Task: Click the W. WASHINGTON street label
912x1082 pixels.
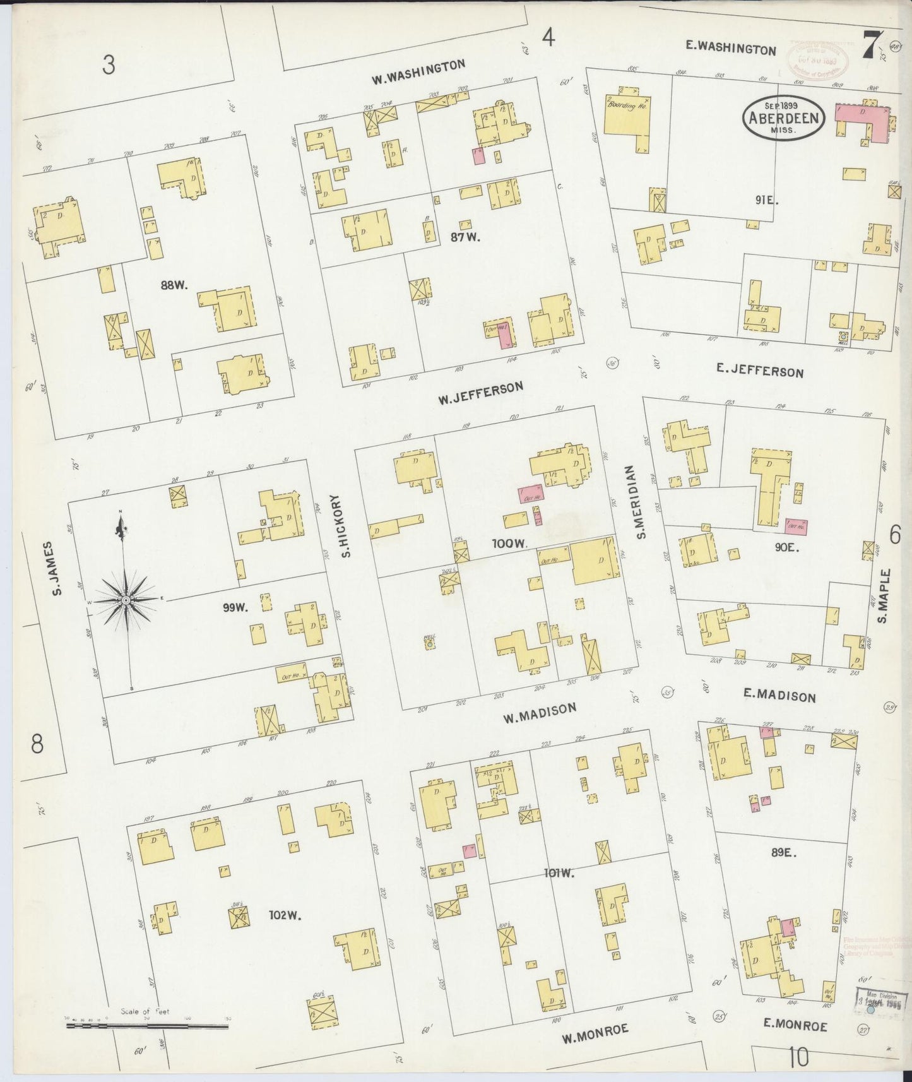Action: coord(418,71)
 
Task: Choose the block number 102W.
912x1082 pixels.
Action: coord(283,914)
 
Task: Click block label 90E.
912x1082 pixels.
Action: coord(787,548)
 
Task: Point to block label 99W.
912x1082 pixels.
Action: coord(234,607)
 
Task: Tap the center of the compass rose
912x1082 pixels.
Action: coord(126,599)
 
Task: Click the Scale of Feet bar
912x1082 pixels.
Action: coord(148,1027)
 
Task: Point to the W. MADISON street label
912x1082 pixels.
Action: coord(540,713)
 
